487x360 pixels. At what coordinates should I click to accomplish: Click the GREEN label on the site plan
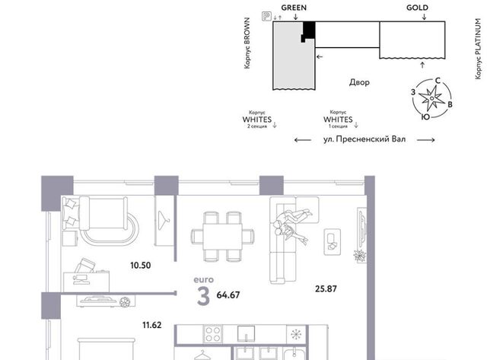coord(294,8)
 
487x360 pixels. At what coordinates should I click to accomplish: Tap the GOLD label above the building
coord(417,8)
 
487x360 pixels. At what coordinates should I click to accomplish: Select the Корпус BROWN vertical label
coord(247,43)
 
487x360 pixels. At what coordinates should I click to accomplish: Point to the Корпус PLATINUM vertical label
coord(479,49)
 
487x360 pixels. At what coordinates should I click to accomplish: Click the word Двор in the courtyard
coord(359,82)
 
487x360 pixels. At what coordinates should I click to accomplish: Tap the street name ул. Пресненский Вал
coord(364,139)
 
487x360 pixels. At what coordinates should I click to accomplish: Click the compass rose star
coord(431,98)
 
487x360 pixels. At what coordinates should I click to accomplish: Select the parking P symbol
coord(266,16)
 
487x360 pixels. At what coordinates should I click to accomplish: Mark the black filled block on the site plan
coord(308,31)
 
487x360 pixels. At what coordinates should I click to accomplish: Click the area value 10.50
coord(140,266)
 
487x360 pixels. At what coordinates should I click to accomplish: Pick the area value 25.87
coord(326,289)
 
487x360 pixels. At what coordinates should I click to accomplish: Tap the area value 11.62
coord(152,325)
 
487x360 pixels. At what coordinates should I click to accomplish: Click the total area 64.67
coord(228,295)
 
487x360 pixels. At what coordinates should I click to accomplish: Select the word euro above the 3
coord(204,279)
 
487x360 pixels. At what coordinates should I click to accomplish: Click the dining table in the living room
coord(222,236)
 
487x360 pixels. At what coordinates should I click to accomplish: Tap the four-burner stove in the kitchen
coord(213,334)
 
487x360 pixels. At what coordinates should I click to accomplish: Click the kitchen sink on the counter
coord(247,333)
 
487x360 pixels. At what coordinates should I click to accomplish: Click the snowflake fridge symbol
coord(296,335)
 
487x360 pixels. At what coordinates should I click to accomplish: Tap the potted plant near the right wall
coord(360,256)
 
